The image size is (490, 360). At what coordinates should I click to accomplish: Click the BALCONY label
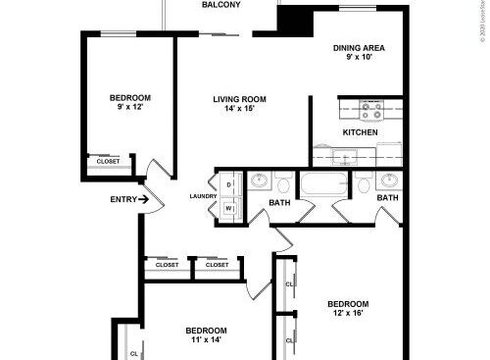tap(221, 5)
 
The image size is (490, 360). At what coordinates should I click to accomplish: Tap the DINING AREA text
tap(358, 46)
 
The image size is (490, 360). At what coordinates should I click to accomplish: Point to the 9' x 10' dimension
tap(358, 56)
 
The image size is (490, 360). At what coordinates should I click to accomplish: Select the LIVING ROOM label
tap(240, 98)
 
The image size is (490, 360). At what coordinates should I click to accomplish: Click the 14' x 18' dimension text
tap(240, 108)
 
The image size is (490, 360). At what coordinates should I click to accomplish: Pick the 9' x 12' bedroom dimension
tap(129, 107)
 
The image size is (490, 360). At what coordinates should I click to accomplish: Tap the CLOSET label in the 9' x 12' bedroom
tap(108, 162)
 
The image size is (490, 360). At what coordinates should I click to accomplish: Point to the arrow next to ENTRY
tap(145, 200)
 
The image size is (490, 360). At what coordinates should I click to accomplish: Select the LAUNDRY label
tap(203, 196)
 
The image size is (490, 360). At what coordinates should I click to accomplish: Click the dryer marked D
tap(228, 184)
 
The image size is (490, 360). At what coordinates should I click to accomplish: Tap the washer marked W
tap(228, 207)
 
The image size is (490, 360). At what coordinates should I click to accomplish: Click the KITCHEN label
tap(360, 132)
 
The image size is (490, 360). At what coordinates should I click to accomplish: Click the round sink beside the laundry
tap(259, 181)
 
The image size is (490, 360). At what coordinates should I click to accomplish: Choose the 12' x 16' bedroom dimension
tap(348, 314)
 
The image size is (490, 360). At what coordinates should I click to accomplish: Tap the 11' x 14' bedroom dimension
tap(207, 340)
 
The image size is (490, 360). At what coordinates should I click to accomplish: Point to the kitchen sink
tap(345, 156)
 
